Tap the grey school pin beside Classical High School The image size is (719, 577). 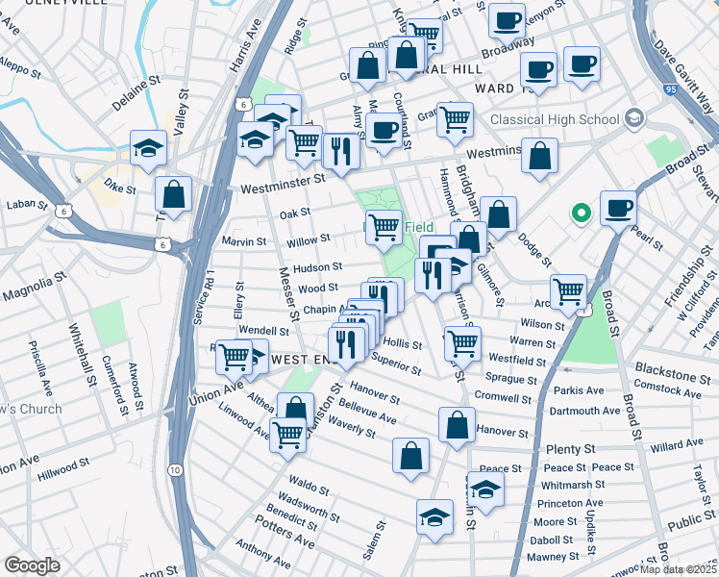(x=632, y=118)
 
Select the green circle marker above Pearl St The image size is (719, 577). (x=580, y=213)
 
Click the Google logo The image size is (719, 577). (x=33, y=565)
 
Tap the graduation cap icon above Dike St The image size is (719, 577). (x=148, y=148)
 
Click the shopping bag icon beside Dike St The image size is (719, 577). (x=173, y=195)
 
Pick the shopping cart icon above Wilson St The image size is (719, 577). (x=568, y=289)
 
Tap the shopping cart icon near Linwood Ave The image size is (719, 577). (x=288, y=435)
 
